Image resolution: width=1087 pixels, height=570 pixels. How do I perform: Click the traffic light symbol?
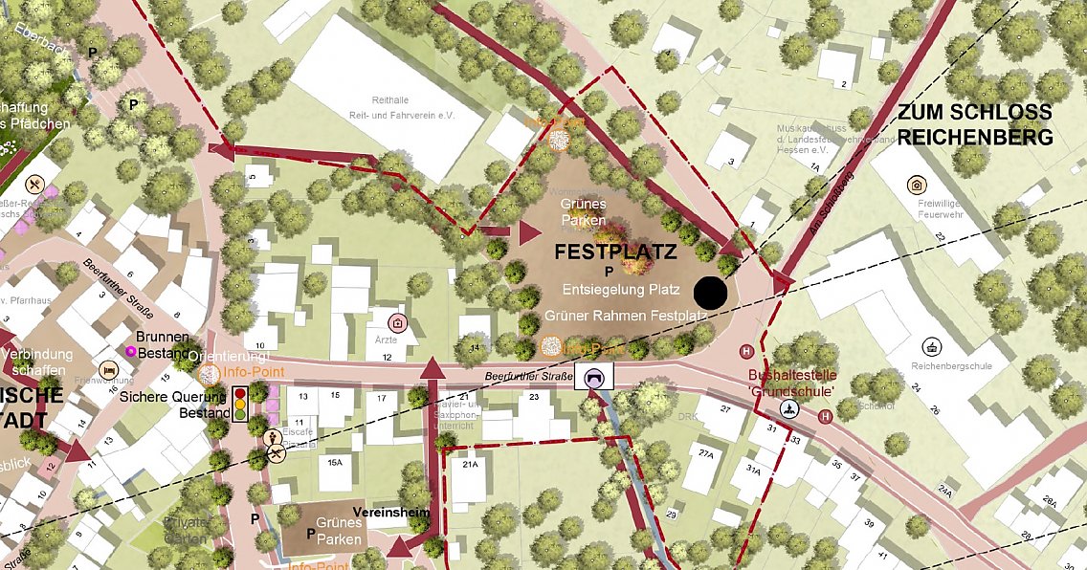point(240,404)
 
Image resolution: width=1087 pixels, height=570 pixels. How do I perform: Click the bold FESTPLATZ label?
point(615,253)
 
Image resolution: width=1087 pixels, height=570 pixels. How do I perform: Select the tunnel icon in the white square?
point(595,378)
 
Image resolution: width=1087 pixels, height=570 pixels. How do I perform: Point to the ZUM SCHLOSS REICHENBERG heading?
point(975,124)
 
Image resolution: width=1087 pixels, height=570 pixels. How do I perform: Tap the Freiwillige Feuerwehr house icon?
point(916,185)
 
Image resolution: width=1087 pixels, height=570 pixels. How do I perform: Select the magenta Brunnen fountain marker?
point(130,352)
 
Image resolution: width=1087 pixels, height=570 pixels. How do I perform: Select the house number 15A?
point(335,462)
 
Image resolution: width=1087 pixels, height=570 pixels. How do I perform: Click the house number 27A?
point(706,453)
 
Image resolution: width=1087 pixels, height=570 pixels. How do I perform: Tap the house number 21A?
point(469,465)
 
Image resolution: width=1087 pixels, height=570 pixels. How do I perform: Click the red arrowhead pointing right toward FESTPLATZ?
point(529,231)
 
